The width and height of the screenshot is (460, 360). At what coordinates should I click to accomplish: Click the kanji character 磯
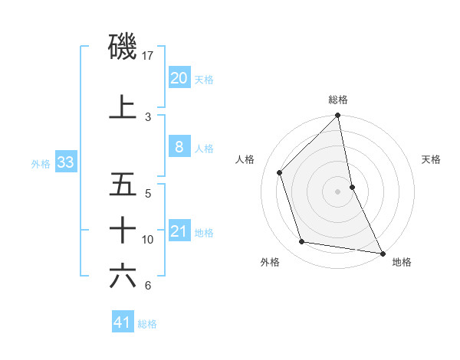tap(123, 47)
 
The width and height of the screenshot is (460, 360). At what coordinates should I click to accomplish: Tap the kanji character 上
tap(123, 106)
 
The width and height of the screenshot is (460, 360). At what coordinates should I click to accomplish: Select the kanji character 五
tap(123, 185)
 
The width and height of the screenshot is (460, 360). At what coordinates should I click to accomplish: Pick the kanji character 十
tap(123, 229)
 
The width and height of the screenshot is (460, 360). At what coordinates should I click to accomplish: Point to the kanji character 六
tap(123, 275)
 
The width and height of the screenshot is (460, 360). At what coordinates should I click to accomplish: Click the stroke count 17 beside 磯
tap(148, 56)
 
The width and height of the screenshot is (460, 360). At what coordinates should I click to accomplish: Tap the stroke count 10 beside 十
tap(148, 240)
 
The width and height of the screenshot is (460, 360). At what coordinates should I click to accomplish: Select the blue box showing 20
tap(179, 77)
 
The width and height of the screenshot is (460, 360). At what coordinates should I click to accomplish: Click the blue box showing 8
tap(179, 147)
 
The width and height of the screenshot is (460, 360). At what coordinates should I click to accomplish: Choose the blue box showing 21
tap(179, 231)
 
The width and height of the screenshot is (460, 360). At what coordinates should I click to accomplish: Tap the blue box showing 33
tap(65, 162)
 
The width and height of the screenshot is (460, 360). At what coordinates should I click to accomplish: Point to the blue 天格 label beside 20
tap(204, 79)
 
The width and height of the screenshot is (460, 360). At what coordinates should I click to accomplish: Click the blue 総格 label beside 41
tap(147, 324)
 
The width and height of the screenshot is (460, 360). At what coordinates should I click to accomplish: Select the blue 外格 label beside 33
tap(40, 163)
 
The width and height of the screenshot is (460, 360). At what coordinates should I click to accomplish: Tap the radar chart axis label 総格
tap(338, 100)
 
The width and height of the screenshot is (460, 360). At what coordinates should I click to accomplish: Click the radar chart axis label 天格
tap(432, 159)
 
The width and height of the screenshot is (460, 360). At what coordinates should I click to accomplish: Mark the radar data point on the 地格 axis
tap(382, 252)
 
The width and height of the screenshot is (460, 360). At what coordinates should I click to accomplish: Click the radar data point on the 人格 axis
tap(280, 172)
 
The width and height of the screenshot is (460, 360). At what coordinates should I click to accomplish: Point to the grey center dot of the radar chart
tap(337, 191)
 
